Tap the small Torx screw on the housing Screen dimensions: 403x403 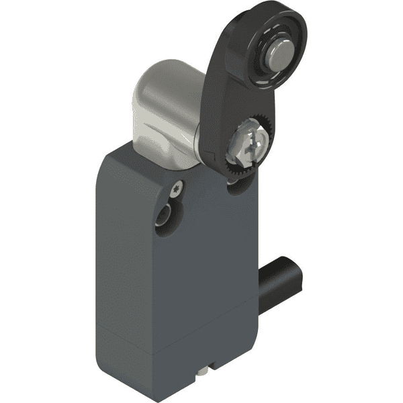[x=177, y=189]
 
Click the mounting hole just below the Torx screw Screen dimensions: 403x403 [x=165, y=216]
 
